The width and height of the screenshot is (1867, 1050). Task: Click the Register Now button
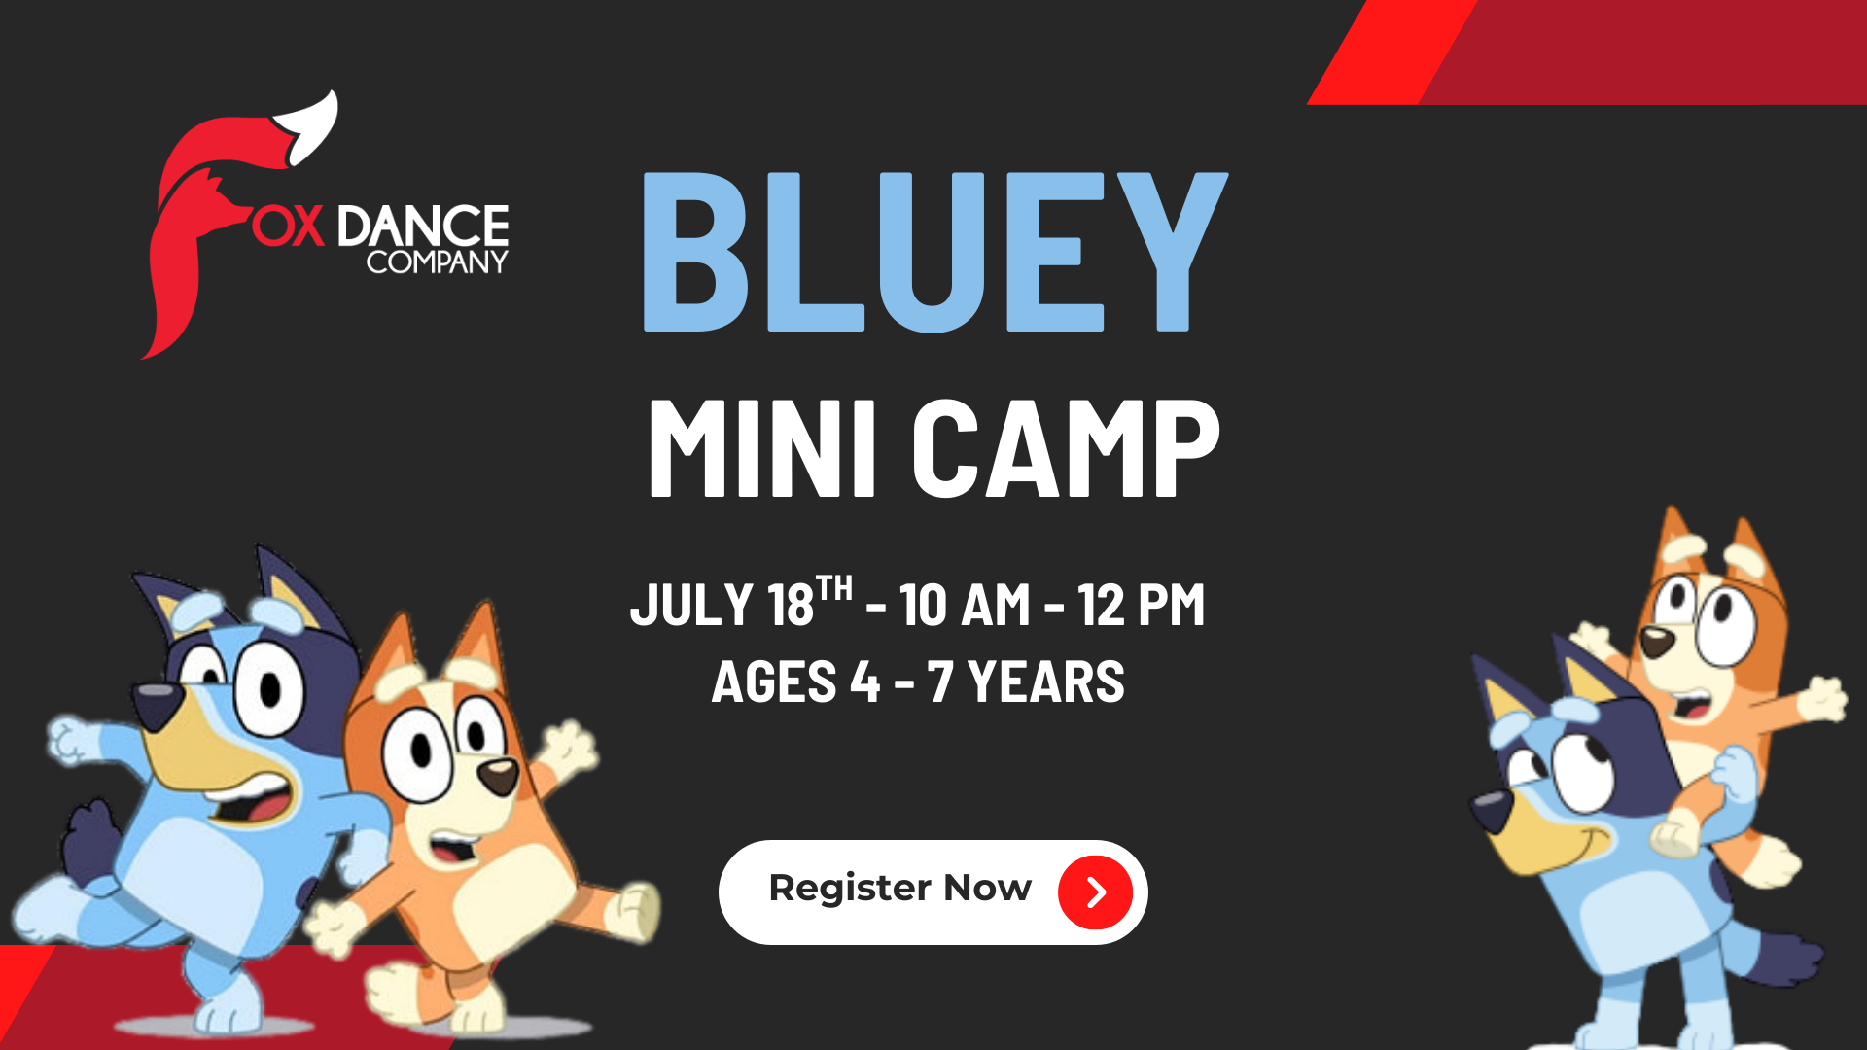(933, 892)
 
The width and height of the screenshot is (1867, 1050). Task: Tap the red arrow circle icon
(1096, 892)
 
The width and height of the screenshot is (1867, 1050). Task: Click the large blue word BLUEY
(934, 253)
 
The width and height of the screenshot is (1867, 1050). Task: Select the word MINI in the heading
(763, 449)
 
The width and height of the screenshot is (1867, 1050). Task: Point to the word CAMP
(1066, 449)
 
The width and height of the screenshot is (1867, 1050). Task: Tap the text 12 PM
(1142, 605)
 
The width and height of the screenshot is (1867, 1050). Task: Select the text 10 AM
(965, 605)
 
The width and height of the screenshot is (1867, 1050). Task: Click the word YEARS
(1046, 682)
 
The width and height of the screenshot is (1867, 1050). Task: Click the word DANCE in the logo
(423, 226)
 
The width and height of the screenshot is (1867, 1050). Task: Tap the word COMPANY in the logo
(437, 262)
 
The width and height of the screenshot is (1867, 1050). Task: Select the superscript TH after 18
(834, 588)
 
